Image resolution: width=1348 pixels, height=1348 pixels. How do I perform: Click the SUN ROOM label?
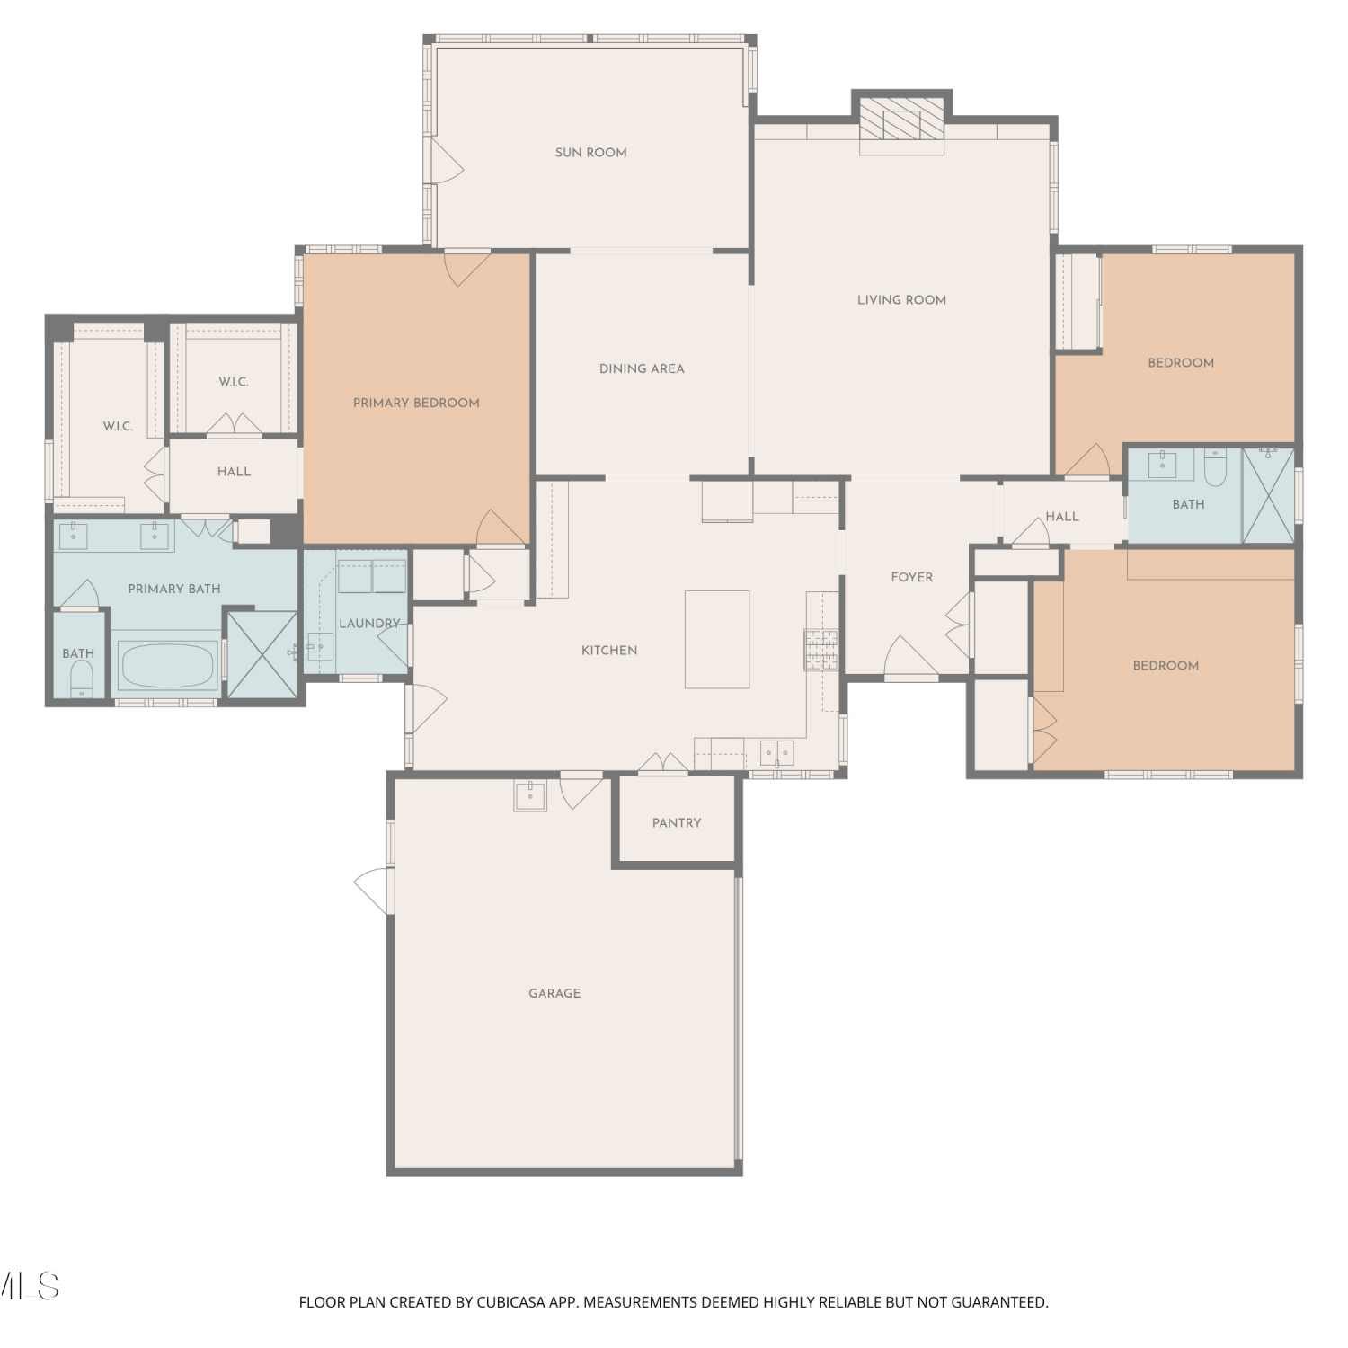590,153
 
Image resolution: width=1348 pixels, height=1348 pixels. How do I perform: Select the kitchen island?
717,639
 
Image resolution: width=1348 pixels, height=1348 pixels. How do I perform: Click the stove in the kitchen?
820,650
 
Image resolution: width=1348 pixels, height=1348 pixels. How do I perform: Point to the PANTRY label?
677,823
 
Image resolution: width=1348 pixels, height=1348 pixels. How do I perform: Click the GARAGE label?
554,993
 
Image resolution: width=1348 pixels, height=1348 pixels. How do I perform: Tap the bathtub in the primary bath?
167,664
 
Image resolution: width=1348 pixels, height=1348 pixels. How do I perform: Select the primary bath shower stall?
262,653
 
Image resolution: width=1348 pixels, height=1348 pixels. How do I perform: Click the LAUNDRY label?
369,623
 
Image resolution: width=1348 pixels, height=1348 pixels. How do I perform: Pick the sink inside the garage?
530,794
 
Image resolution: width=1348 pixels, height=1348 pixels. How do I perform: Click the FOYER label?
912,577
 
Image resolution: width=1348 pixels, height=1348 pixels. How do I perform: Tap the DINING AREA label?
642,368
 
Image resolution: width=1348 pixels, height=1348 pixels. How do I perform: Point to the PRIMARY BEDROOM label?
416,403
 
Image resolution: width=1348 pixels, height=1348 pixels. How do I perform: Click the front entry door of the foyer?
911,658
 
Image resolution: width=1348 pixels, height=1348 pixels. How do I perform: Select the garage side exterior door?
375,891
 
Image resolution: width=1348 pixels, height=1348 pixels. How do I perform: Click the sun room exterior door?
447,161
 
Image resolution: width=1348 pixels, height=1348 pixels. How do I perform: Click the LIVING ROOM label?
901,300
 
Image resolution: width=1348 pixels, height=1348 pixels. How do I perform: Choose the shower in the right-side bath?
1268,495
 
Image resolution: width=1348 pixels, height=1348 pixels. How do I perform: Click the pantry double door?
663,762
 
